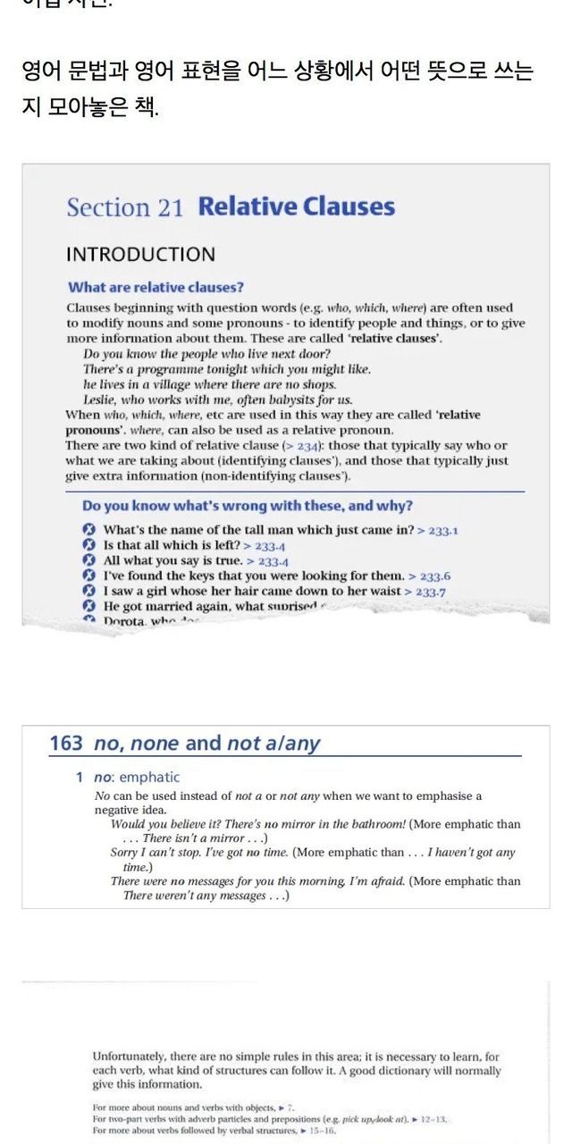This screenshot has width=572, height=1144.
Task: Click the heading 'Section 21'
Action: click(124, 207)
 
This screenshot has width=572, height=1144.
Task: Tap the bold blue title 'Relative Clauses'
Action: click(296, 206)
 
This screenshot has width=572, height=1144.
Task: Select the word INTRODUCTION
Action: click(140, 255)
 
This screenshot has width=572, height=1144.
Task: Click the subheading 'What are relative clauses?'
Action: click(156, 287)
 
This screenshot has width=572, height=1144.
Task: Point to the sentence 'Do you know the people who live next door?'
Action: click(193, 354)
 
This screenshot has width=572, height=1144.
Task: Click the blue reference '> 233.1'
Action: click(438, 531)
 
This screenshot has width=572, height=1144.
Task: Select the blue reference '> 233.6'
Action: click(429, 576)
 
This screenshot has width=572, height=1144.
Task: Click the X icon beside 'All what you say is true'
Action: click(88, 560)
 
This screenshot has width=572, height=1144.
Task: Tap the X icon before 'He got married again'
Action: click(88, 606)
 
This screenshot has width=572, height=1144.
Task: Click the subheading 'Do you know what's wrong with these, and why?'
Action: click(247, 506)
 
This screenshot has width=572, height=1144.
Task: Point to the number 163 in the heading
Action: click(66, 744)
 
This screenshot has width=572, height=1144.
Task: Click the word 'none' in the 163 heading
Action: click(156, 744)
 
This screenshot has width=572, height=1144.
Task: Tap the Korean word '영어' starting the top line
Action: click(40, 71)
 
